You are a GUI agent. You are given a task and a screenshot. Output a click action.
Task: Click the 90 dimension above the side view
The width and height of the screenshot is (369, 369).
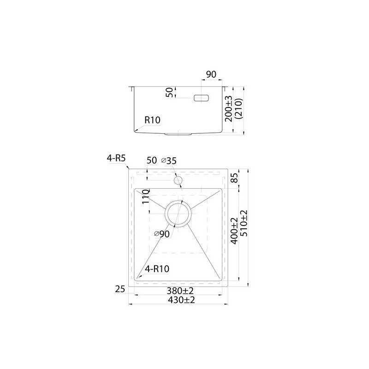(211, 74)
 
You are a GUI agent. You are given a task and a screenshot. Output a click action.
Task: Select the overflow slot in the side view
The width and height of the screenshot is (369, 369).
(202, 98)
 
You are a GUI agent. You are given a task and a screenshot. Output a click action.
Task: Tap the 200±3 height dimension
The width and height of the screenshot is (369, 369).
(229, 109)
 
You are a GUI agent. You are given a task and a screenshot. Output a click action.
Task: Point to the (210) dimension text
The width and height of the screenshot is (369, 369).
(238, 109)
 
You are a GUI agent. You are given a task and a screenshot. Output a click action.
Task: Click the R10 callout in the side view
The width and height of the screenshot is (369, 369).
(152, 120)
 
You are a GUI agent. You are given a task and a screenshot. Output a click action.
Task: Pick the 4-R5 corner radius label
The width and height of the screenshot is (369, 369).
(116, 158)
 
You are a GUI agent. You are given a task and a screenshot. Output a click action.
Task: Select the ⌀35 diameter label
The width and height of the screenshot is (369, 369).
(169, 161)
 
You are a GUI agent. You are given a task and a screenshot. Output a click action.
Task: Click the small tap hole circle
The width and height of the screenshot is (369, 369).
(178, 181)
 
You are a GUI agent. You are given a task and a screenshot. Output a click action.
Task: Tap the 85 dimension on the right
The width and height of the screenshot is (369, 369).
(235, 179)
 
